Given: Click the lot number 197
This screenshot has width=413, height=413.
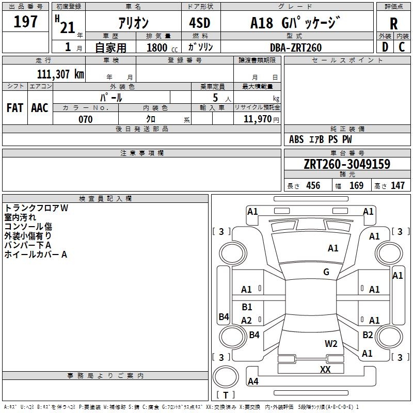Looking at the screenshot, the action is click(x=25, y=21).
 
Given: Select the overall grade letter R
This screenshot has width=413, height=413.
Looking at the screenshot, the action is click(x=393, y=24).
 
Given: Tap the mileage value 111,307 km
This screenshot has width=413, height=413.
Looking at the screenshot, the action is click(x=60, y=74).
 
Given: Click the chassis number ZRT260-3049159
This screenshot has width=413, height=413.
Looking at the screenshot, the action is click(x=347, y=164).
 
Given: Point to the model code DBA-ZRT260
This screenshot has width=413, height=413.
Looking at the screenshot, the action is click(x=296, y=47).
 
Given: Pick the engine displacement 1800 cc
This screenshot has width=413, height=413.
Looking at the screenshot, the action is click(x=162, y=47).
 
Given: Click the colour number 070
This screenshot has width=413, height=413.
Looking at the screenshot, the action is click(x=86, y=119).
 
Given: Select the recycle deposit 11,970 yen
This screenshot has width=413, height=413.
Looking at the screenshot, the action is click(x=261, y=119).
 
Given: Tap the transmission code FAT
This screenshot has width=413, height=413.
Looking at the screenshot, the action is click(x=15, y=108).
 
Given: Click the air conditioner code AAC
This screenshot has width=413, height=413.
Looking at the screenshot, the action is click(x=40, y=108).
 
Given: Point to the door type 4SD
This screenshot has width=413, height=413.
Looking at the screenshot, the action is click(x=200, y=23).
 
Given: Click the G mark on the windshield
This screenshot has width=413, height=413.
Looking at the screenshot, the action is click(x=326, y=272).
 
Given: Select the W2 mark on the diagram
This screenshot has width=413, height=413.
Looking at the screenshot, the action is click(x=331, y=344).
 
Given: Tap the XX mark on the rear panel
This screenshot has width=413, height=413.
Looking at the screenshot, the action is click(x=325, y=369).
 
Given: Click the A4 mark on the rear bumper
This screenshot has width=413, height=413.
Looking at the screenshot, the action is click(x=253, y=381).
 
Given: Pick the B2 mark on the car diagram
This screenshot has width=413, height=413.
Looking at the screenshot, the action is click(x=368, y=335).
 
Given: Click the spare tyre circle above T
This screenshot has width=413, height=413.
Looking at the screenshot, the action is click(x=226, y=377).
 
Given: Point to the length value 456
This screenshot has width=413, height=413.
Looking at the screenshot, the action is click(x=313, y=186).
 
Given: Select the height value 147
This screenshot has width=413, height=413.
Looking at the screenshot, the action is click(x=398, y=186).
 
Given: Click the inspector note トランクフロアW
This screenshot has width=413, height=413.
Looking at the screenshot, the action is click(x=36, y=208).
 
